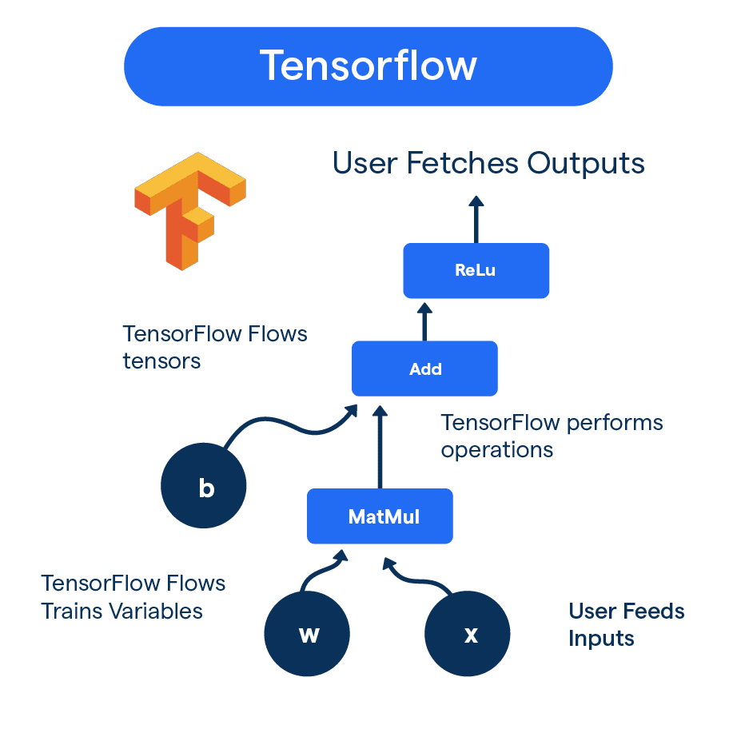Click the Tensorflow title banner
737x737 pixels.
368,66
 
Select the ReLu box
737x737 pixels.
476,270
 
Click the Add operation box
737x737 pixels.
424,368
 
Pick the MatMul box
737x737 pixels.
380,516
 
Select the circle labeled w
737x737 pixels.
307,635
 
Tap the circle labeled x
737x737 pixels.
468,635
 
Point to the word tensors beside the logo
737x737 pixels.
161,361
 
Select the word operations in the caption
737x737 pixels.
496,450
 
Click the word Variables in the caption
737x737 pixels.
156,612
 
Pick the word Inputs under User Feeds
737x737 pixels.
601,639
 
